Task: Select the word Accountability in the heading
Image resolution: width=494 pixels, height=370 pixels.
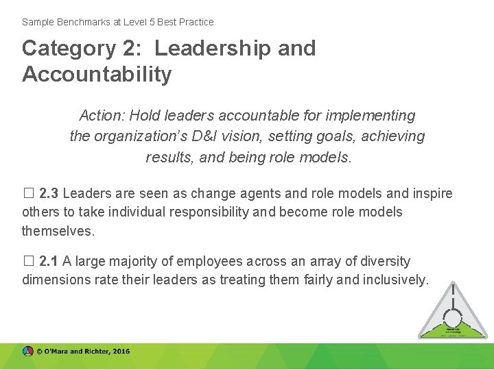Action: pos(97,74)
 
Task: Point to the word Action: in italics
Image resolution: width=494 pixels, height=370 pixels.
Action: pos(102,116)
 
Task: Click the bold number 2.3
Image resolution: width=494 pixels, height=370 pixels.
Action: pos(49,193)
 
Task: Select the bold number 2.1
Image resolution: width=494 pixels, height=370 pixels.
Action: pos(49,261)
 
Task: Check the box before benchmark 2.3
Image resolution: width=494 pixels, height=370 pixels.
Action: pos(27,194)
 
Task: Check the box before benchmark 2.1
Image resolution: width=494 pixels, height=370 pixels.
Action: pos(27,262)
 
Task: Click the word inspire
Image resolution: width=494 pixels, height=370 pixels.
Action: pos(430,193)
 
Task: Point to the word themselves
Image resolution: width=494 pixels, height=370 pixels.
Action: pos(58,231)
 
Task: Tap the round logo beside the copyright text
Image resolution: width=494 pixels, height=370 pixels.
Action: pos(27,351)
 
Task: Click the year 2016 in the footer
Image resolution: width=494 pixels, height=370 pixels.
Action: pos(121,351)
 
